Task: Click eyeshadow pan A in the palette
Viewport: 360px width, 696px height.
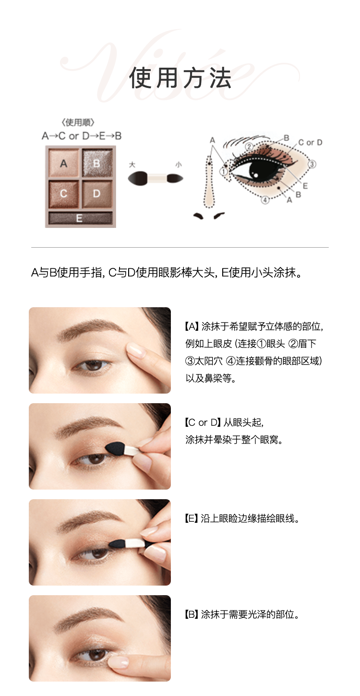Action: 63,163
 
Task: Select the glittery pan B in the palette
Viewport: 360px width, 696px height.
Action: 97,163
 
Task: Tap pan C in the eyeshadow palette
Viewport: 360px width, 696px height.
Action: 63,194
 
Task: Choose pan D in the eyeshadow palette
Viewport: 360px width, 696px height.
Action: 97,194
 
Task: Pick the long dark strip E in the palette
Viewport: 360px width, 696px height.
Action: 80,218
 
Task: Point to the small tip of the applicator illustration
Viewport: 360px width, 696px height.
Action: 175,179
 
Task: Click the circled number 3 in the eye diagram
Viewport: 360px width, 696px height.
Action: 312,164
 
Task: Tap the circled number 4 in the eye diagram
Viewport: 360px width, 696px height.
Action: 265,200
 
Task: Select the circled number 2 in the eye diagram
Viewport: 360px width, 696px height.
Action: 249,147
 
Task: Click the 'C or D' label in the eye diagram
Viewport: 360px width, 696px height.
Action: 310,142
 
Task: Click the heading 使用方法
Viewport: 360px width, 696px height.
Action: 180,78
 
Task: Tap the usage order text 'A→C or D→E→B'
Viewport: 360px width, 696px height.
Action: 82,136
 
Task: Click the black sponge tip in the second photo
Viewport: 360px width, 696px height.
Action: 115,448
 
